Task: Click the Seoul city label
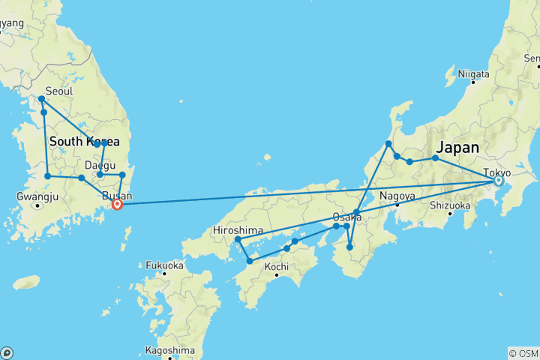coord(59,91)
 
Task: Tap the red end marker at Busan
coord(117,204)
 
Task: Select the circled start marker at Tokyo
coord(498,181)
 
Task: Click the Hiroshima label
coord(238,229)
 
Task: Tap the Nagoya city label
coord(397,196)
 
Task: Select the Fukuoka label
coord(164,265)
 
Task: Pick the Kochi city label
coord(277,266)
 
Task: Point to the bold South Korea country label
coord(84,142)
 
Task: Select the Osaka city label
coord(348,217)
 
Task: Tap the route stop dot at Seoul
coord(42,99)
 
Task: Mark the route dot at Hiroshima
coord(238,239)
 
